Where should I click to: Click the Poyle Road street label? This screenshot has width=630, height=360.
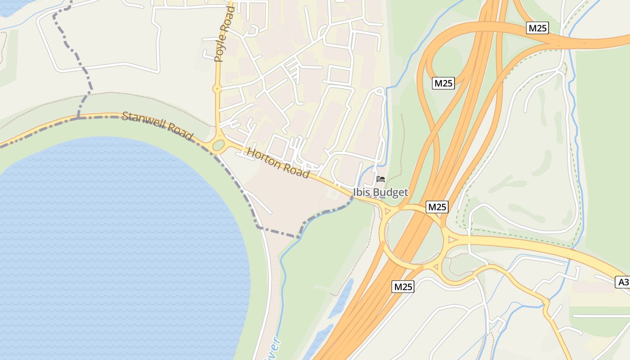225,34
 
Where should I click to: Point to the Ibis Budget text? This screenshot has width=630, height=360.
380,193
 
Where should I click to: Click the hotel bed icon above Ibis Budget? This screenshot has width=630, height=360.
381,179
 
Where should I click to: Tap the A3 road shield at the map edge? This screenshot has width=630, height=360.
623,282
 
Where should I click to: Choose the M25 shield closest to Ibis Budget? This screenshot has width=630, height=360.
437,207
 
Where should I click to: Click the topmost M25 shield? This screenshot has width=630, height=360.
537,28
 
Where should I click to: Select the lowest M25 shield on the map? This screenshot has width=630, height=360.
402,287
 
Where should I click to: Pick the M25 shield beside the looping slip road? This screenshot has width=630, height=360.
443,83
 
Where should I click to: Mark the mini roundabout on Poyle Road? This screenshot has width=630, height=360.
217,89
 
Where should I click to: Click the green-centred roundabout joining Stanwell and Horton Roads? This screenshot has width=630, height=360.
218,145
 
